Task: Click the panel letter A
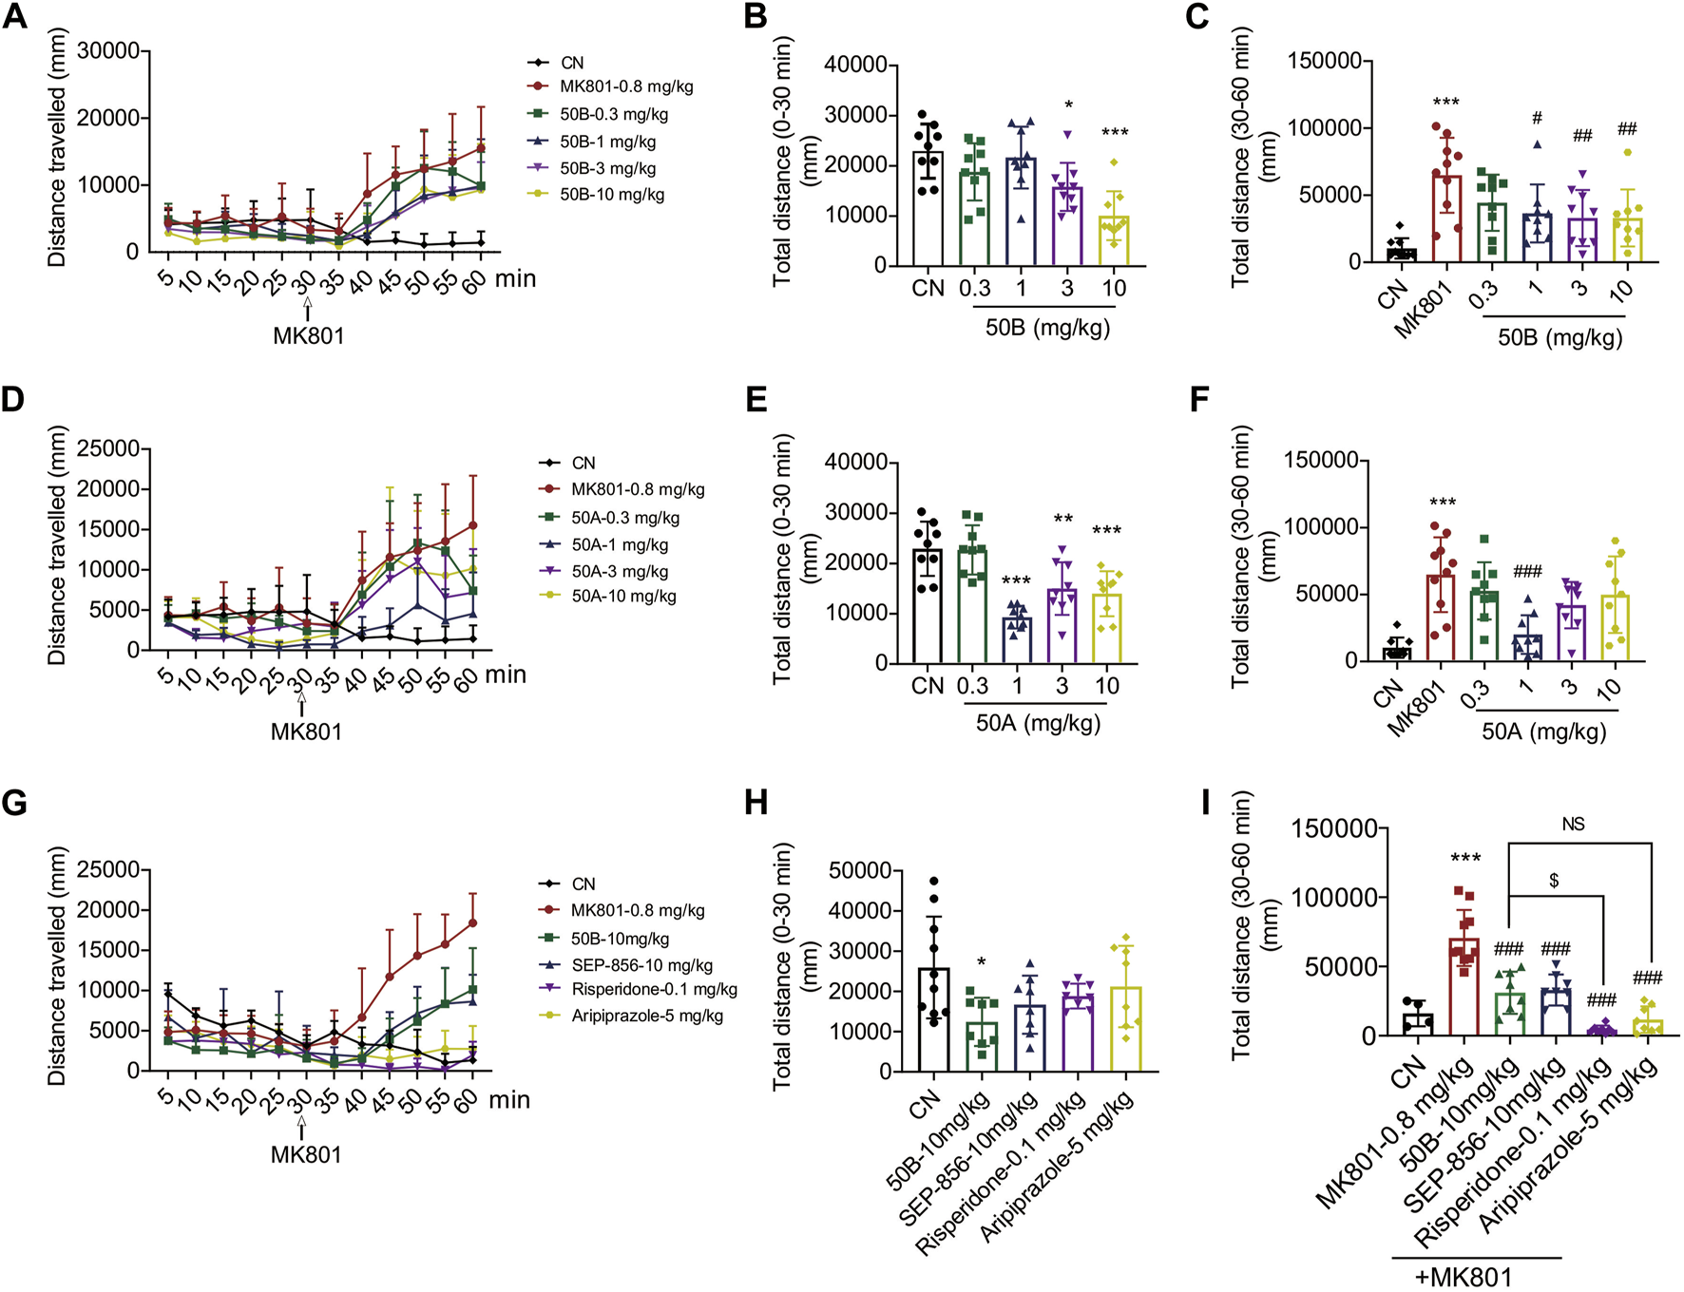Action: tap(14, 16)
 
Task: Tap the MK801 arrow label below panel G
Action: tap(306, 1154)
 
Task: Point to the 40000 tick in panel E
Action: tap(858, 463)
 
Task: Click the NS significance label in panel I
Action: tap(1573, 825)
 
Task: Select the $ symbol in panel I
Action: tap(1554, 882)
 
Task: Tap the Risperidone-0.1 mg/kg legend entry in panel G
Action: tap(654, 990)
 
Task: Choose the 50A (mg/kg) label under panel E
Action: tap(1038, 723)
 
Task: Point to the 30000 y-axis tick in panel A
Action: tap(107, 50)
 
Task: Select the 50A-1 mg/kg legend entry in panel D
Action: tap(619, 545)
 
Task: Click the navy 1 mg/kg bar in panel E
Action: tap(1016, 640)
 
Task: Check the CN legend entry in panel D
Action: tap(583, 463)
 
